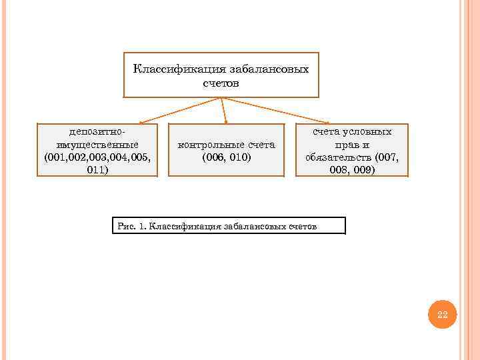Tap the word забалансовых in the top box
click(269, 69)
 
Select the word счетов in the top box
click(221, 84)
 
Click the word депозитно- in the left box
click(97, 132)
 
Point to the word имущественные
click(97, 145)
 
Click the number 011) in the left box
click(97, 170)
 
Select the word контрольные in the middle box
click(208, 145)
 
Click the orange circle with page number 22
click(442, 315)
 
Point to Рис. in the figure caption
click(126, 227)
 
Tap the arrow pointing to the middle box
click(224, 111)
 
